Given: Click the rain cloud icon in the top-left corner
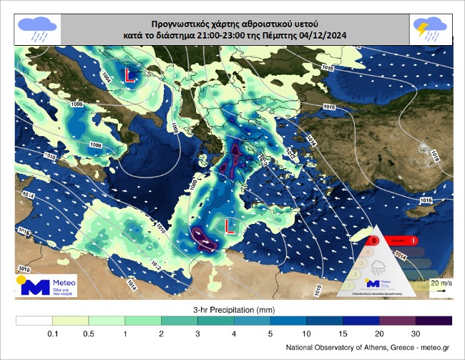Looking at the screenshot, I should tap(38, 29).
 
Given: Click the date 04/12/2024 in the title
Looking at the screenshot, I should tap(322, 34).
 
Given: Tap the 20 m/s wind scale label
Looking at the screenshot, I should tap(440, 284).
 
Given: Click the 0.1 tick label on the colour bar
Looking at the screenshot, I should tap(52, 334).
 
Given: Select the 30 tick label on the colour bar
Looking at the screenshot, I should tap(416, 334).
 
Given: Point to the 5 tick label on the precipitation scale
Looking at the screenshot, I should tap(270, 334).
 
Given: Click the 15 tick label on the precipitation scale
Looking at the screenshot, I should tap(343, 334).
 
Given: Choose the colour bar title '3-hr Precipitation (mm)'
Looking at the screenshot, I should tap(234, 308).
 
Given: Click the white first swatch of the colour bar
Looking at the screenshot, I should tap(34, 321).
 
